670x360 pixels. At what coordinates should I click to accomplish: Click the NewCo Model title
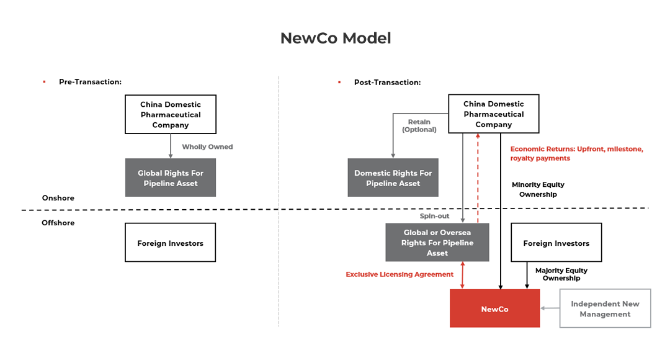coord(335,38)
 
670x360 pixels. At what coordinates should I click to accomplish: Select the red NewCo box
coord(494,308)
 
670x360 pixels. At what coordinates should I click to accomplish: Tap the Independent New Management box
coord(605,308)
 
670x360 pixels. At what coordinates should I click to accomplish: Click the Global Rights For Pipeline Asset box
coord(171,178)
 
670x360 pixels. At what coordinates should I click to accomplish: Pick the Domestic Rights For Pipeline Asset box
coord(393,178)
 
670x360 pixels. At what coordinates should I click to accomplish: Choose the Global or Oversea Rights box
coord(437,243)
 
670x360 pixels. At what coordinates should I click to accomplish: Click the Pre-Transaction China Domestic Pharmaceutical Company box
coord(171,114)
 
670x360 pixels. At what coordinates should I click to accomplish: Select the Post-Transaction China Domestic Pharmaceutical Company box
coord(493,114)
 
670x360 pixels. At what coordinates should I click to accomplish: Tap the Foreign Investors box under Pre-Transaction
coord(171,243)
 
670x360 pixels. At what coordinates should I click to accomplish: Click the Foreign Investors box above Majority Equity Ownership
coord(556,243)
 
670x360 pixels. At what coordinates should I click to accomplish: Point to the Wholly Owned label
coord(207,147)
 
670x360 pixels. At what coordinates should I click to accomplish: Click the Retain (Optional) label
coord(419,126)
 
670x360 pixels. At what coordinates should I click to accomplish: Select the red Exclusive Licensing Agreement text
coord(400,274)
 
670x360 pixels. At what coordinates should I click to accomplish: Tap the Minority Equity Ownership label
coord(538,189)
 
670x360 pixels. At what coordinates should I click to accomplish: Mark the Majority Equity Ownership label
coord(561,274)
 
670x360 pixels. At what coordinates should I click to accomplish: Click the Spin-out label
coord(434,216)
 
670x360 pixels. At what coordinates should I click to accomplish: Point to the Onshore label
coord(58,198)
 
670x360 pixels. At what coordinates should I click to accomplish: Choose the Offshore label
coord(58,223)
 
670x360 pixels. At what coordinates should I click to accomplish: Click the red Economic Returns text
coord(576,153)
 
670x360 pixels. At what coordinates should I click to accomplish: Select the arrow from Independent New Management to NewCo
coord(550,308)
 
